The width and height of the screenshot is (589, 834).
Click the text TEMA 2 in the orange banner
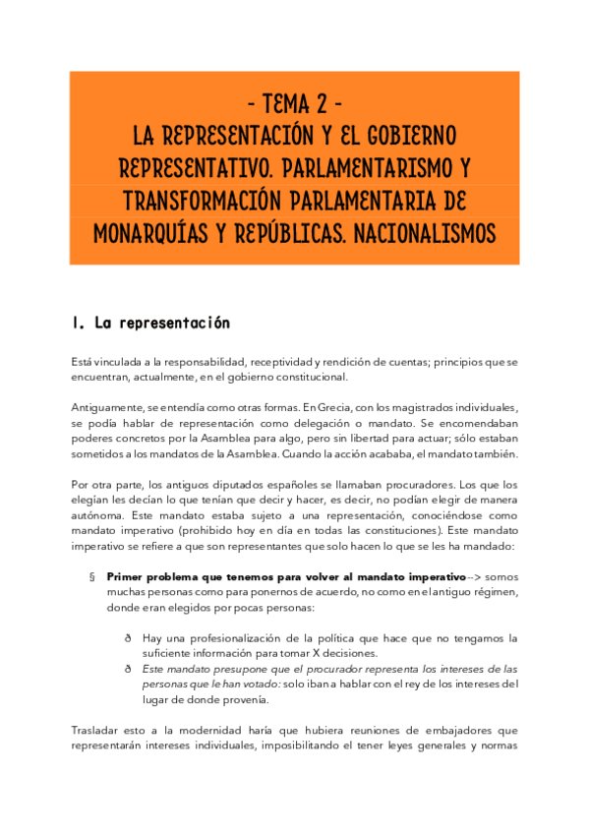click(294, 101)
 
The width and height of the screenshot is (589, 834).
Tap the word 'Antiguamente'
click(108, 406)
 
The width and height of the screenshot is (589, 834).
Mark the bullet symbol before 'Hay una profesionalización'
click(128, 638)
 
